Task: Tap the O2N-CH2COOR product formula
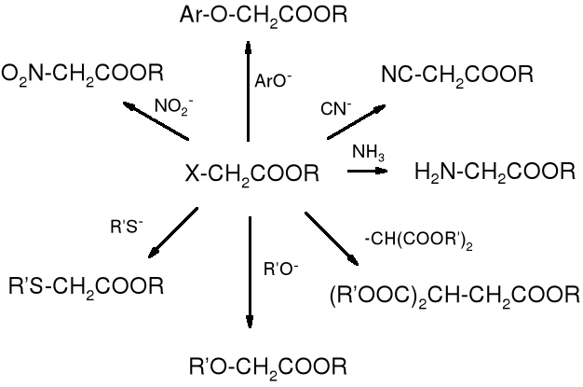point(84,73)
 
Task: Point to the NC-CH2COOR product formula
point(456,73)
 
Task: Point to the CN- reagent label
point(336,108)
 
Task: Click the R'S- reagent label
point(126,225)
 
